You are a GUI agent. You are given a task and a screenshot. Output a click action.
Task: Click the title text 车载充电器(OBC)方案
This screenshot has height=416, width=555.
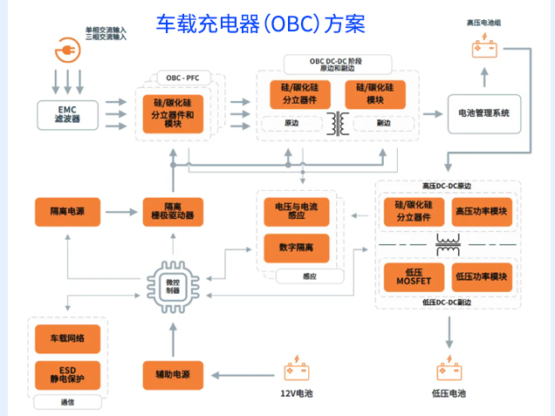[x=260, y=24]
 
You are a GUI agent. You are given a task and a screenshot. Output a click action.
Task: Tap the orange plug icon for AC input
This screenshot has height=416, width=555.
[x=67, y=50]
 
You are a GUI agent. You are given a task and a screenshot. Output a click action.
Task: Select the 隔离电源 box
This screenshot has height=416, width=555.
[x=66, y=210]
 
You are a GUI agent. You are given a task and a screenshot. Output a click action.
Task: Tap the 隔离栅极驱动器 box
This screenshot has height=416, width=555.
[x=174, y=210]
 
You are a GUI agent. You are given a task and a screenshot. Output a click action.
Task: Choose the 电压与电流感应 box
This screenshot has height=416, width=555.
[x=297, y=210]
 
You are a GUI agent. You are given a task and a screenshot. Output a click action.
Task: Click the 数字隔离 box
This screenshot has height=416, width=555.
[x=297, y=249]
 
